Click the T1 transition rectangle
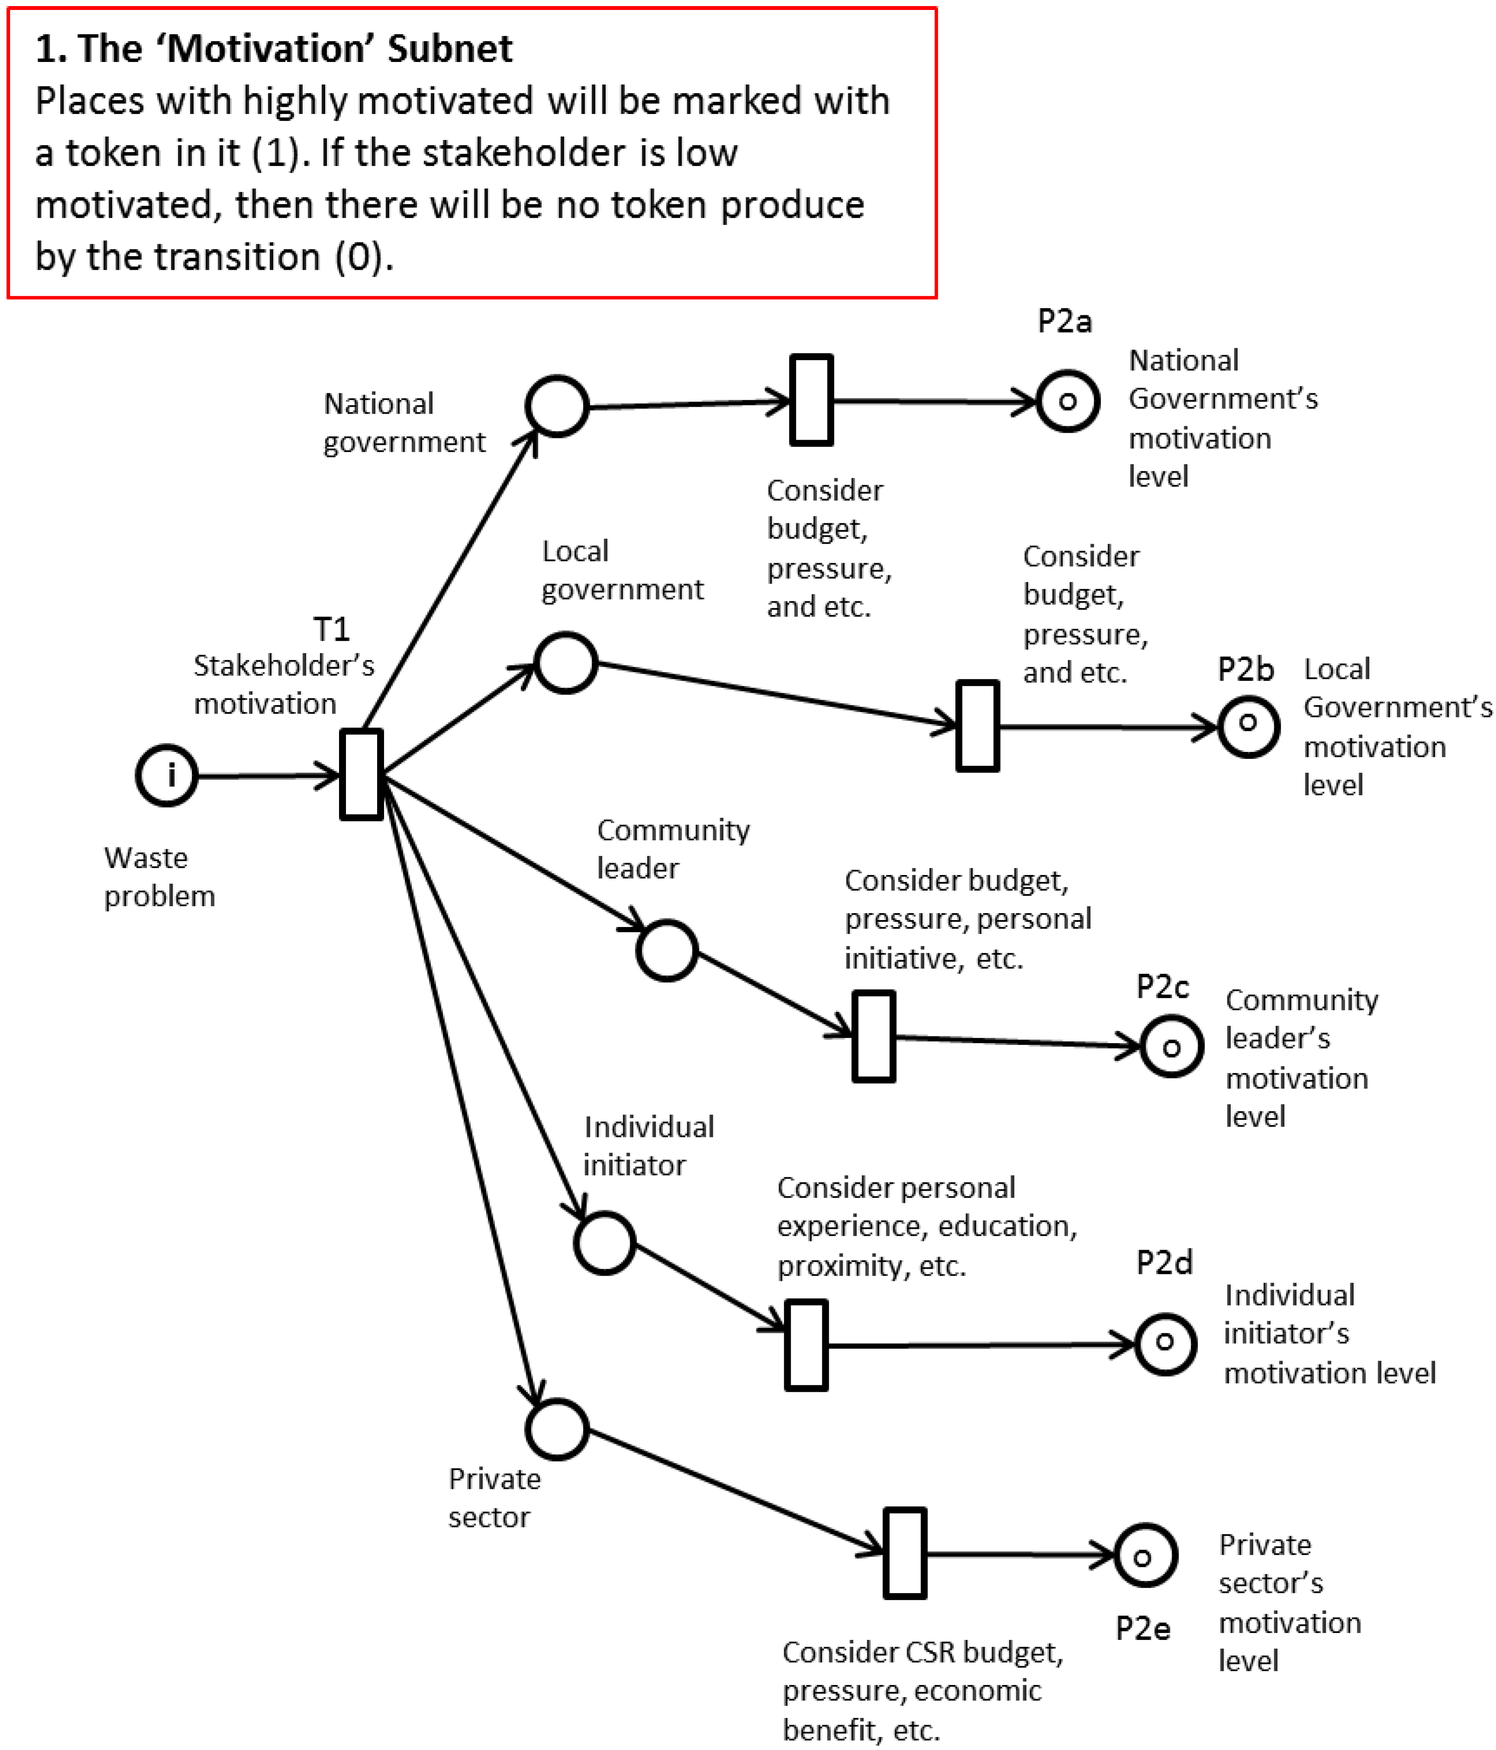pyautogui.click(x=362, y=775)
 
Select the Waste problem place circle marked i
pyautogui.click(x=167, y=775)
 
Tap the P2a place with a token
pyautogui.click(x=1067, y=401)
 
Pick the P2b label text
pyautogui.click(x=1245, y=670)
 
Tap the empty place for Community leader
pyautogui.click(x=667, y=950)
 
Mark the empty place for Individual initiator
pyautogui.click(x=604, y=1243)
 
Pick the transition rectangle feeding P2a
pyautogui.click(x=811, y=400)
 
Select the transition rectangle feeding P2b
pyautogui.click(x=978, y=726)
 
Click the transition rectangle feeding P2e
pyautogui.click(x=905, y=1554)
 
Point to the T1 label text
pyautogui.click(x=331, y=629)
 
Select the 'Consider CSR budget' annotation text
pyautogui.click(x=922, y=1653)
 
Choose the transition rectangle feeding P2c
pyautogui.click(x=873, y=1036)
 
